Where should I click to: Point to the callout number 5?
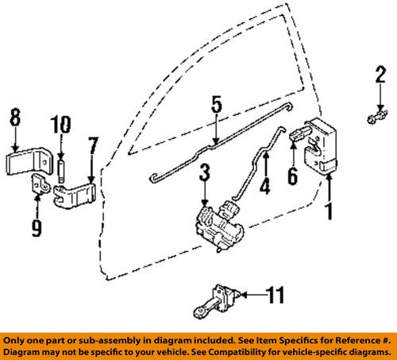[214, 106]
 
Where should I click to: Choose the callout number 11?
[274, 296]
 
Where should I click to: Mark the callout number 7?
[92, 145]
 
